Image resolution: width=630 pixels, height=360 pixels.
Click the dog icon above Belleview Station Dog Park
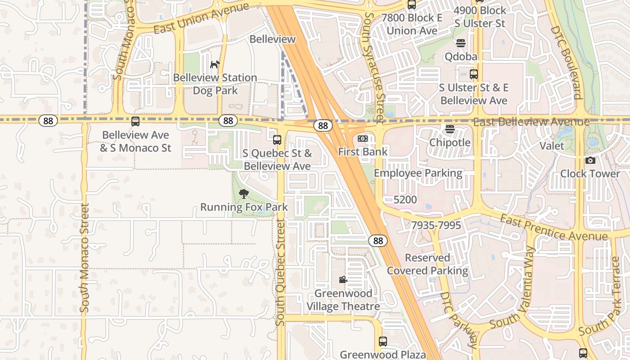coord(215,64)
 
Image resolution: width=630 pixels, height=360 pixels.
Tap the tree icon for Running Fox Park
coord(244,194)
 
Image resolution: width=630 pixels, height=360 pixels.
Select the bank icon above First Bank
coord(363,139)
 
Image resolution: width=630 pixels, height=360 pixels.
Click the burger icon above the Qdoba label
coord(461,43)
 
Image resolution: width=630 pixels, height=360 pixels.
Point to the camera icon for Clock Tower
coord(590,161)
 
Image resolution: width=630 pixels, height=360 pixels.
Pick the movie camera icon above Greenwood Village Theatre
coord(343,280)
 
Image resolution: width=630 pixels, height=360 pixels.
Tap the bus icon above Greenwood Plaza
coord(382,342)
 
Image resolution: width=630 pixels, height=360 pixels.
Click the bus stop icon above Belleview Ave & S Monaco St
coord(135,121)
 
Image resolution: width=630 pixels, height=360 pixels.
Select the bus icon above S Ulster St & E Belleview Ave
coord(473,74)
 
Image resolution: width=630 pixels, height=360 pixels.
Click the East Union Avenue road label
coord(201,18)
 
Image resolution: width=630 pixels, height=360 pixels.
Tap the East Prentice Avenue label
coord(554,228)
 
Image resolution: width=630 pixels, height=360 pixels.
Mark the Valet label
coord(552,146)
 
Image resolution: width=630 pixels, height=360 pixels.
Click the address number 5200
coord(405,199)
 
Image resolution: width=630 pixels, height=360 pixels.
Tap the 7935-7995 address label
coord(436,225)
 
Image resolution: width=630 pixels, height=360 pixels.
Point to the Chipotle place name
coord(450,143)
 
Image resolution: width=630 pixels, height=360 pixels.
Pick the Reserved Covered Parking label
coord(427,264)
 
